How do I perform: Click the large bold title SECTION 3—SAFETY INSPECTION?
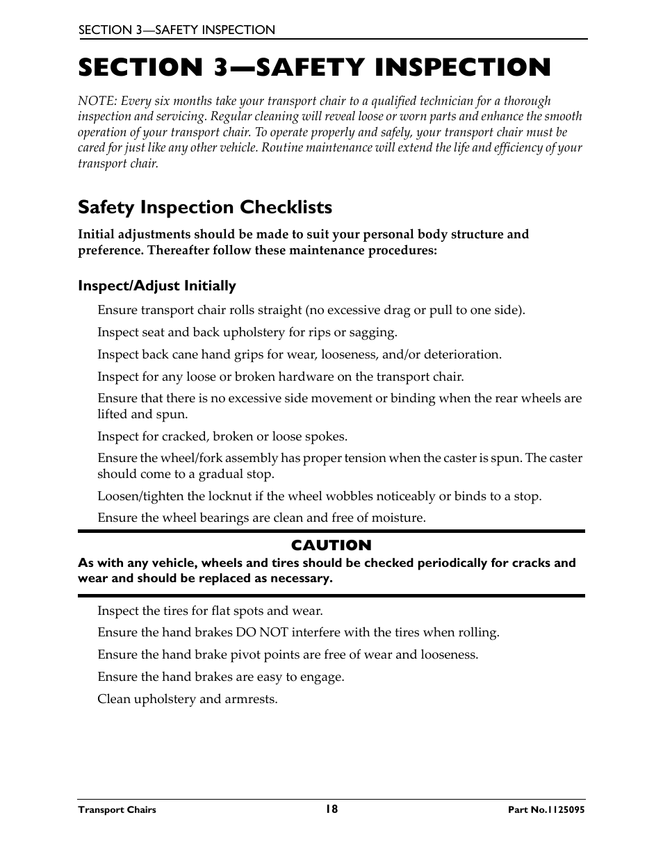click(x=314, y=67)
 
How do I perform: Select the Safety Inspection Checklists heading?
click(x=205, y=207)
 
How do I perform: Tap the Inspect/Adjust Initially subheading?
click(x=157, y=286)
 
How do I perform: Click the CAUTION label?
click(x=331, y=545)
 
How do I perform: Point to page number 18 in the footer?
click(x=331, y=809)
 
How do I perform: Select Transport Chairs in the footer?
click(x=117, y=809)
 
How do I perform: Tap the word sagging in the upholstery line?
click(x=375, y=333)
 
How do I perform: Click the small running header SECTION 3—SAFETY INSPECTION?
click(x=177, y=30)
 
